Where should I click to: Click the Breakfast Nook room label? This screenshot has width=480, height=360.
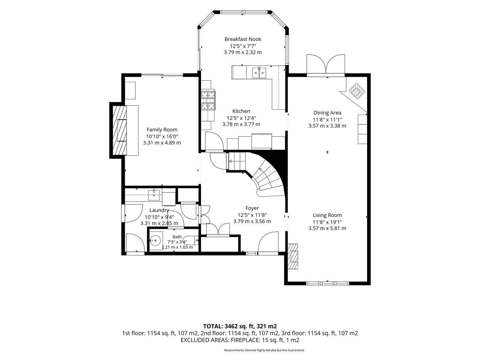[243, 39]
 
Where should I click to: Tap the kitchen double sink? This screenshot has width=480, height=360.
[259, 73]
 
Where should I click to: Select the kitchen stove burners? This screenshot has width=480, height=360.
[208, 100]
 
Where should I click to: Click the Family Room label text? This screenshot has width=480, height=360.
[162, 130]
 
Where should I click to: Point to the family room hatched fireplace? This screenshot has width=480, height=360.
[120, 131]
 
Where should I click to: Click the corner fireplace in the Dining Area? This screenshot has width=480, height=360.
[357, 91]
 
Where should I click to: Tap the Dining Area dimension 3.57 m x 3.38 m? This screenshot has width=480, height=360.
[327, 126]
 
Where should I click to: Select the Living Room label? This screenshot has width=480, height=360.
[327, 215]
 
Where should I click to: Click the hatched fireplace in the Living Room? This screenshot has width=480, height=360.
[292, 256]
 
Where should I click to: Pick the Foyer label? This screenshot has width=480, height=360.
[252, 208]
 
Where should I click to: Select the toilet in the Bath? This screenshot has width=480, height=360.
[191, 240]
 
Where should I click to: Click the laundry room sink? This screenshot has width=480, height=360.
[154, 195]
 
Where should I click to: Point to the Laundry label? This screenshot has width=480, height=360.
[159, 210]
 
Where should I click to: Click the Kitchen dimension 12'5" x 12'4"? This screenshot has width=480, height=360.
[241, 118]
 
